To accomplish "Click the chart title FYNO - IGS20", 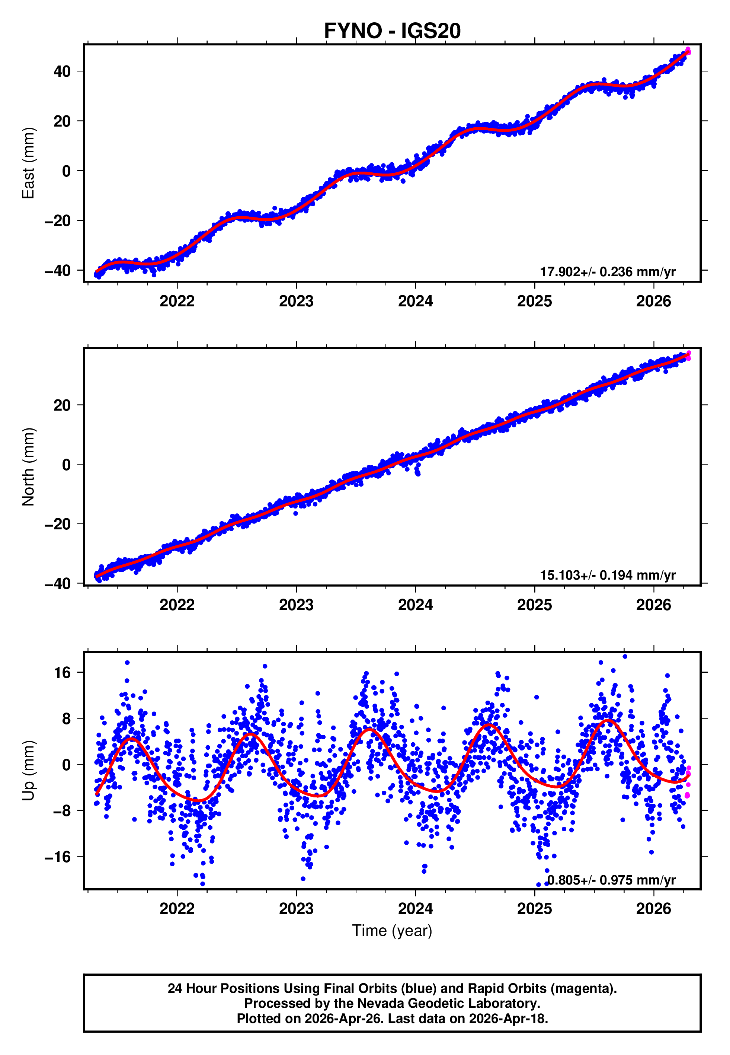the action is click(392, 31).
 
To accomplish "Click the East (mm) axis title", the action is click(28, 163).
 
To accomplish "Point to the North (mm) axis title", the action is click(28, 467).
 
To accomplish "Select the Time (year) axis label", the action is click(392, 931).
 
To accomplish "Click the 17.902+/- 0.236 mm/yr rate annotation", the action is click(608, 272).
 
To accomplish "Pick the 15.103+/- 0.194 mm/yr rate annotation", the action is click(608, 575).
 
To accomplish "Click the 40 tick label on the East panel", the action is click(62, 71).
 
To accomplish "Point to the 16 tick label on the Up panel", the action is click(62, 673).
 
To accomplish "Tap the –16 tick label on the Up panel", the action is click(58, 857).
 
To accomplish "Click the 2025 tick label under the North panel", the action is click(534, 605).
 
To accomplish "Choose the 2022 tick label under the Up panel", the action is click(177, 909).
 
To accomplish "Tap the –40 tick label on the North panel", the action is click(58, 584).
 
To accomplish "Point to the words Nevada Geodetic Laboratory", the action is click(448, 1003).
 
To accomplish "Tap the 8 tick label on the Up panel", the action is click(67, 719).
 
